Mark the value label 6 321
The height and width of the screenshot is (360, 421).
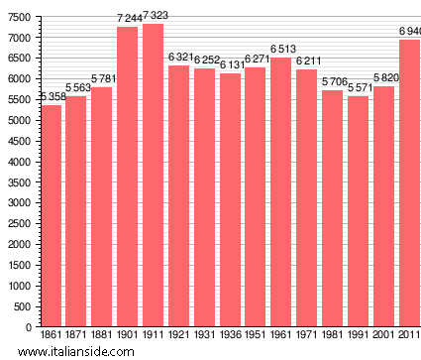[178, 58]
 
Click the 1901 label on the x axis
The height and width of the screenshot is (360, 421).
[128, 335]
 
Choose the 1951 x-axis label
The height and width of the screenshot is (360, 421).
[256, 335]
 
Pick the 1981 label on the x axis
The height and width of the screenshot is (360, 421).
[332, 335]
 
